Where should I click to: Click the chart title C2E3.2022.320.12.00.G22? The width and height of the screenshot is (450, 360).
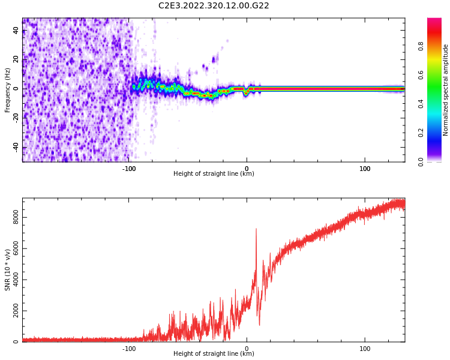click(x=214, y=5)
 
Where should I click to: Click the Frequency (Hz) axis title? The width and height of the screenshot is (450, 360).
click(x=8, y=90)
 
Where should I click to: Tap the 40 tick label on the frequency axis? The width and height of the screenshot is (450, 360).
click(x=16, y=31)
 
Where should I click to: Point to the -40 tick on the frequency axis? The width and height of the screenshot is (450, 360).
click(x=16, y=148)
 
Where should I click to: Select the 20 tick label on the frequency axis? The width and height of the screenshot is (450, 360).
click(x=16, y=60)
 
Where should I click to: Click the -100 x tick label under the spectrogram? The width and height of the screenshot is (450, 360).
click(x=128, y=169)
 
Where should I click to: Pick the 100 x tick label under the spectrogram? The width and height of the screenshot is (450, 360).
click(x=365, y=169)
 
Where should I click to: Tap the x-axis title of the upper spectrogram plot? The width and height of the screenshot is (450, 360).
click(x=214, y=174)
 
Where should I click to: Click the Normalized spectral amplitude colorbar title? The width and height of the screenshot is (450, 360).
click(x=446, y=90)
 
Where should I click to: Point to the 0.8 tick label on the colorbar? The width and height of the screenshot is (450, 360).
click(x=437, y=46)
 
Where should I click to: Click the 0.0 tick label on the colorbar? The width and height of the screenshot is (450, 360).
click(x=437, y=161)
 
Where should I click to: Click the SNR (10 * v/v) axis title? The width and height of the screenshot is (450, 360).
click(x=8, y=269)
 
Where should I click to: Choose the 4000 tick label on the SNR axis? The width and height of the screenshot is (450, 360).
click(x=16, y=280)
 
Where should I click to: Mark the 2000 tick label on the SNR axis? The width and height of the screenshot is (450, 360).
click(x=16, y=311)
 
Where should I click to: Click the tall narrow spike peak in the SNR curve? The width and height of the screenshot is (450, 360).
click(x=256, y=229)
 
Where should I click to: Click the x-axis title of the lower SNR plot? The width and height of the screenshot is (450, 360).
click(x=214, y=354)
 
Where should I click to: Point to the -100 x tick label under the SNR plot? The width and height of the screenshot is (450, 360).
click(x=128, y=349)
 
